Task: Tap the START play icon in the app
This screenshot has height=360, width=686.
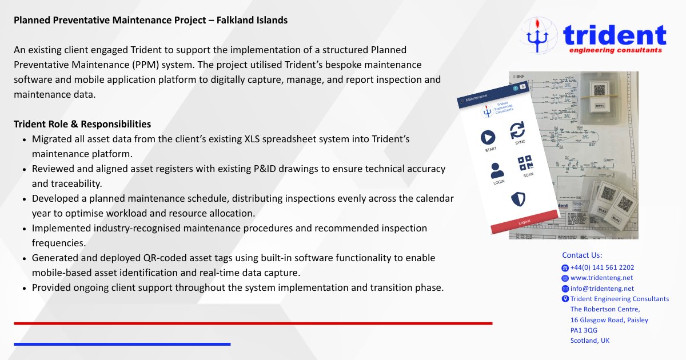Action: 486,137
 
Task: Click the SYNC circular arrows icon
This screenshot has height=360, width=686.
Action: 517,130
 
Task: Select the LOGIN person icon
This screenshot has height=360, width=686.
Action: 497,171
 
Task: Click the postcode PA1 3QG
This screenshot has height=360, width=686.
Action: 584,330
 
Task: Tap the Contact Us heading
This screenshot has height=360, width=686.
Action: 582,255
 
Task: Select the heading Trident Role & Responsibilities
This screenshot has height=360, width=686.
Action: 82,124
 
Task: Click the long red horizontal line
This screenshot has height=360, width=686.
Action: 253,323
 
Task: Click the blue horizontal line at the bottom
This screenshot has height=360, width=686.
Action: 122,344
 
